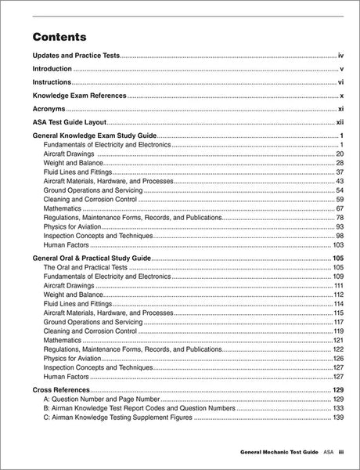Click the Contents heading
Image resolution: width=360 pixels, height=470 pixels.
point(59,37)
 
